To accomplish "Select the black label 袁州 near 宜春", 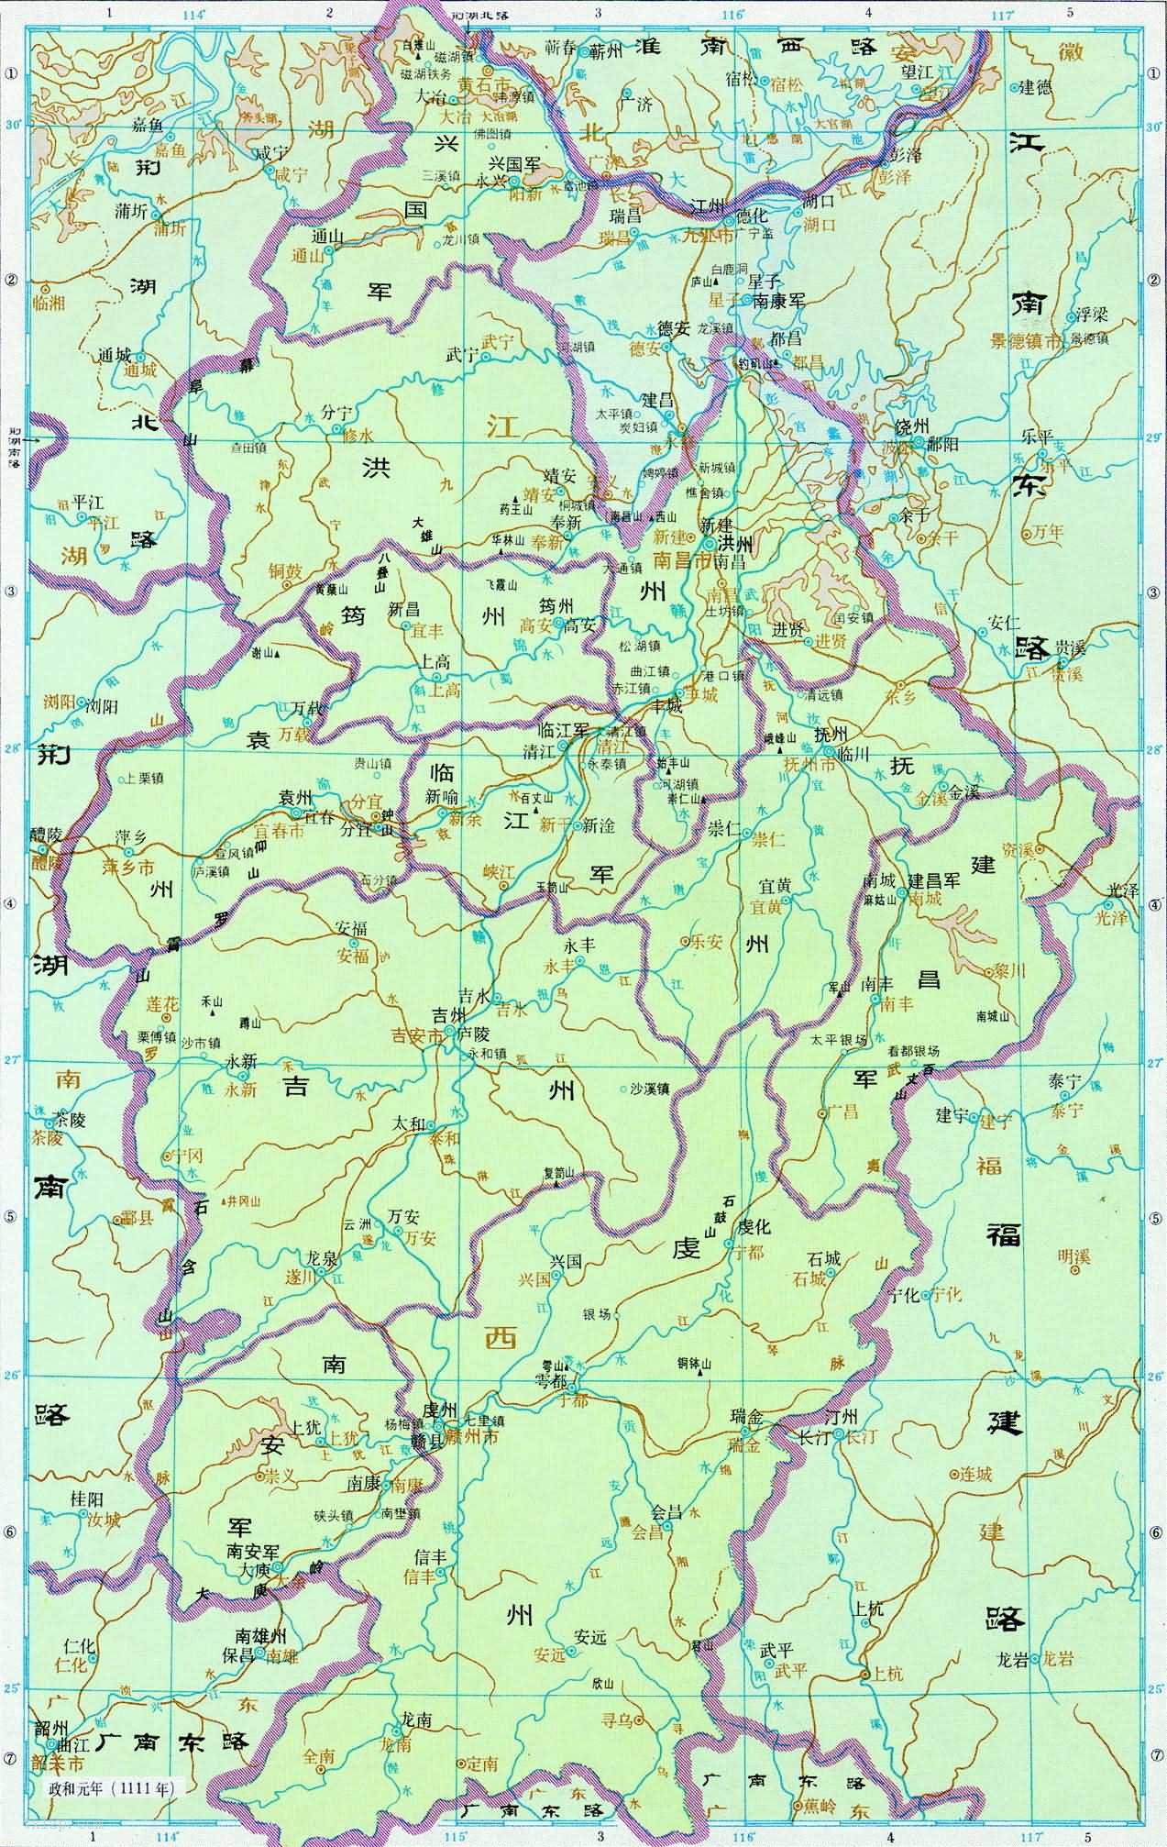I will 297,795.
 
